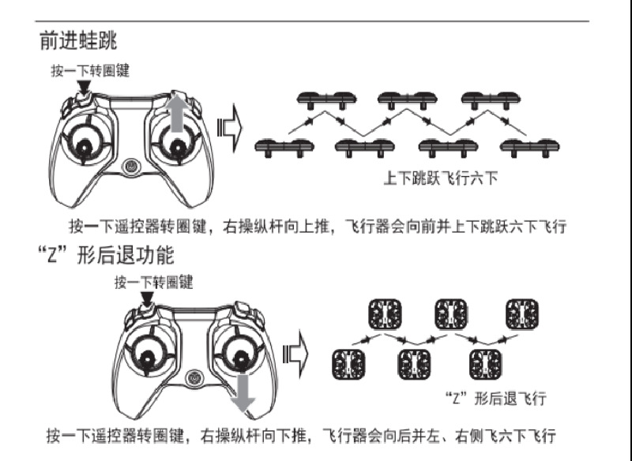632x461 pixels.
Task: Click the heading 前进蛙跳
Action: [78, 40]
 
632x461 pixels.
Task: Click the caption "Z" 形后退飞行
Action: [495, 397]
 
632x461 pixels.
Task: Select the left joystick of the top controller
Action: [85, 143]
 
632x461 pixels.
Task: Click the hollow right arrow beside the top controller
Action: [230, 126]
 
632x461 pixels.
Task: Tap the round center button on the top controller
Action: [131, 167]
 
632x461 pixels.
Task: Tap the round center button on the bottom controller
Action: [194, 378]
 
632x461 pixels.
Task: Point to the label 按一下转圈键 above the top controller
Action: [90, 70]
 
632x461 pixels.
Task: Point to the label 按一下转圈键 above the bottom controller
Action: [153, 282]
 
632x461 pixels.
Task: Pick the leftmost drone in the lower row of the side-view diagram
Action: [284, 147]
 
